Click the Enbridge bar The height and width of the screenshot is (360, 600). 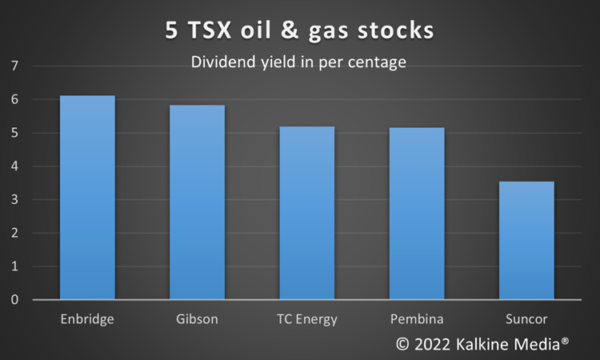87,198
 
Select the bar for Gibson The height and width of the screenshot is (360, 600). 197,202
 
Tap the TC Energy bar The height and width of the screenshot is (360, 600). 307,213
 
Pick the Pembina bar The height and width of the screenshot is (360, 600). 417,214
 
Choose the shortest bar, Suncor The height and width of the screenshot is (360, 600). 526,240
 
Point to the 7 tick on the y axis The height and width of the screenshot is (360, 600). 14,66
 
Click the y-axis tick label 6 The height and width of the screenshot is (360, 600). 14,99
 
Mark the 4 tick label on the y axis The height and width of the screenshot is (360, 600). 14,166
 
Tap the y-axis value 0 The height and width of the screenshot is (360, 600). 14,299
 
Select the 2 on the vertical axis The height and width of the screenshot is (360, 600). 14,233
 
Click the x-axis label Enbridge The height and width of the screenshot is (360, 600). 87,319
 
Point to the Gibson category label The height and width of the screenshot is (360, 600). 197,318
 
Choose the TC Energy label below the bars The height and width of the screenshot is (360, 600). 307,319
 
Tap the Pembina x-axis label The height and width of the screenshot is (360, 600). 417,318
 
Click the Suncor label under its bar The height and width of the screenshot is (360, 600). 526,318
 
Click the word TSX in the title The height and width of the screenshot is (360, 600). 210,30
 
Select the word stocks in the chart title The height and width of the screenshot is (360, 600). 396,30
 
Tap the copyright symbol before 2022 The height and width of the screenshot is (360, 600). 402,344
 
